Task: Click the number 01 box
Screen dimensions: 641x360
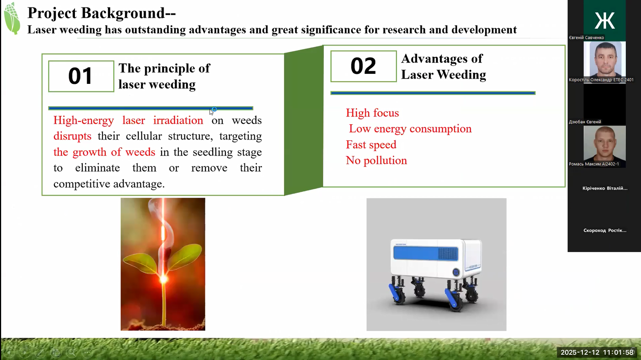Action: pos(81,76)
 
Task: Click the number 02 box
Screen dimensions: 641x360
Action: pos(364,66)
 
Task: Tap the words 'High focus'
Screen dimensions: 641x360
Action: pos(372,113)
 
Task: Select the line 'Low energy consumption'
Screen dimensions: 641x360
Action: pos(410,129)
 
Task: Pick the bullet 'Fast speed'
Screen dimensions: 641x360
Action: pos(371,144)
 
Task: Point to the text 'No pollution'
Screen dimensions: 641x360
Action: pos(377,160)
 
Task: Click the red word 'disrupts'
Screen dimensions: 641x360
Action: pos(72,136)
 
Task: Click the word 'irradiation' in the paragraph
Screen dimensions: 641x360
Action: pos(178,120)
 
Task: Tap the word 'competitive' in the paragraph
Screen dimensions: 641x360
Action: pos(82,184)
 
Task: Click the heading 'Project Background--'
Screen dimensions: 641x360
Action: pos(102,13)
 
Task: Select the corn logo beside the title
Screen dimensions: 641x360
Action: pos(12,18)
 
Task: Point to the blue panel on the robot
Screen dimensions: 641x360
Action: pos(426,253)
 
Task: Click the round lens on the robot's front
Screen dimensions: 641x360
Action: pos(456,272)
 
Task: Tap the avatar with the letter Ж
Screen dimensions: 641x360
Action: pos(605,20)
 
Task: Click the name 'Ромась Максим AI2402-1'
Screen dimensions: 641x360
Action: pos(594,164)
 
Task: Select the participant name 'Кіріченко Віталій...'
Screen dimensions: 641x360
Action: pos(605,188)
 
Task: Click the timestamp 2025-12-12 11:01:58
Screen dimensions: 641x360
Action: pos(597,352)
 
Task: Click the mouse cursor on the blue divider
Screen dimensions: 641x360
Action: pos(211,112)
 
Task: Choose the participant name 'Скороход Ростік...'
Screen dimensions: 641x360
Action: pos(605,230)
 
